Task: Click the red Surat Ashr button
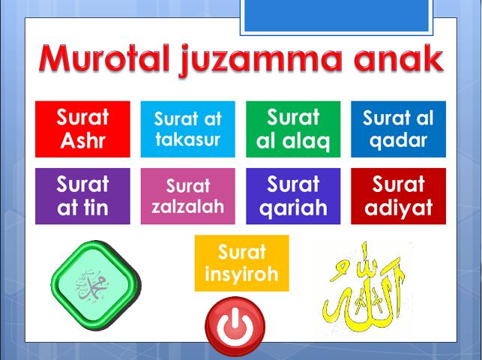[82, 129]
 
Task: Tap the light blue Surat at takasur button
[187, 129]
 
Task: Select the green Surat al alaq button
[293, 129]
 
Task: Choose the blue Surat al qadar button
[398, 129]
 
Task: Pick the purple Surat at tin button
[82, 196]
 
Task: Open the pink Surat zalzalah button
[187, 196]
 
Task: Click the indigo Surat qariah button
[293, 196]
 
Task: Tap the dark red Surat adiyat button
[398, 196]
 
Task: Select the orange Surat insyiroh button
[241, 262]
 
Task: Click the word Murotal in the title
[104, 60]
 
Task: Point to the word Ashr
[82, 140]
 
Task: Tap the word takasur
[187, 139]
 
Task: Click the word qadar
[398, 139]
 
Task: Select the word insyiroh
[241, 274]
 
